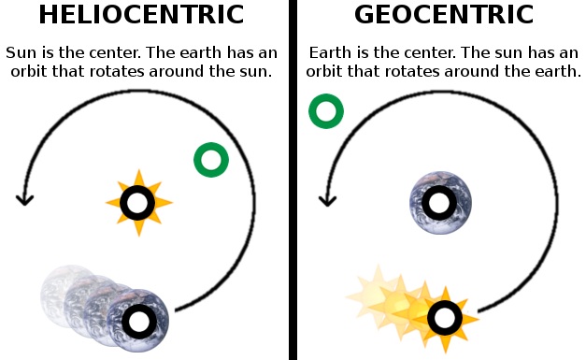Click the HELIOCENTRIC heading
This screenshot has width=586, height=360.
[x=140, y=16]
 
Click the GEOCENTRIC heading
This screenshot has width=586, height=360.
[x=444, y=16]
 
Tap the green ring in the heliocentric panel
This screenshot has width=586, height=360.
[x=211, y=160]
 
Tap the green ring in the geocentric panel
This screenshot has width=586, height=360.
[x=326, y=112]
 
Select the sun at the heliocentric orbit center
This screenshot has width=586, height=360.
[x=138, y=203]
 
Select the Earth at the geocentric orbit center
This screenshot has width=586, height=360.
[x=440, y=203]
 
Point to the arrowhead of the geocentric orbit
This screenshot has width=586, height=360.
[x=327, y=200]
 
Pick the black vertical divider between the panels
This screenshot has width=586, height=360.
[x=293, y=180]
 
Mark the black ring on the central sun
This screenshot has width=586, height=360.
[x=138, y=203]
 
